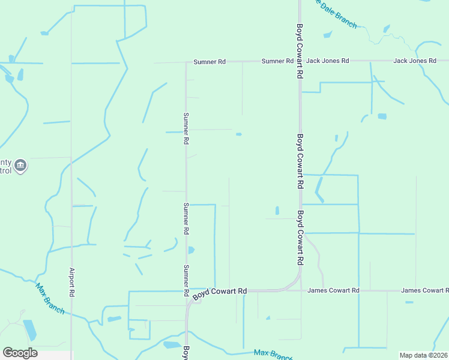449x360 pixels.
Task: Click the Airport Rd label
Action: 71,282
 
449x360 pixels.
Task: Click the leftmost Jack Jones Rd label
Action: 327,61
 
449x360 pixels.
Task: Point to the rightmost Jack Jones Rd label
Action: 414,61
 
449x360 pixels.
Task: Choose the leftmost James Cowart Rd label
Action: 333,290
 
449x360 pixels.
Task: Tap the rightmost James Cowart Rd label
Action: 424,290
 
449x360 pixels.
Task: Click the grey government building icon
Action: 20,165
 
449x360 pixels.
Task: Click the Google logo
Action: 20,352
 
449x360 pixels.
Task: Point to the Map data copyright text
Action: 424,355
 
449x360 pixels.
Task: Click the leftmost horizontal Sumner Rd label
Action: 209,61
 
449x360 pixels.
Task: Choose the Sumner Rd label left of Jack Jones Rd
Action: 277,61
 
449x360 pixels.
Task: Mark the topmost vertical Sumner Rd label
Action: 186,128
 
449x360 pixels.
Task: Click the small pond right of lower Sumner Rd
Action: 191,250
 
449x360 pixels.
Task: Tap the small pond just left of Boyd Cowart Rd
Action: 277,211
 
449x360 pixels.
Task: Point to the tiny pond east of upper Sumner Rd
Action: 239,134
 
